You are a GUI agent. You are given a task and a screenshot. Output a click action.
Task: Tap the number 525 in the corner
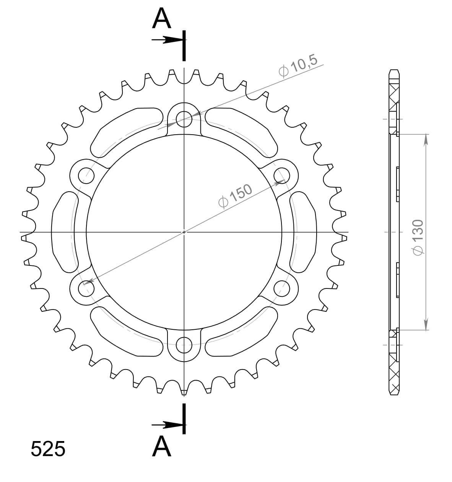click(48, 449)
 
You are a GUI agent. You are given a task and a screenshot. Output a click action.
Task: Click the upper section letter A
click(161, 19)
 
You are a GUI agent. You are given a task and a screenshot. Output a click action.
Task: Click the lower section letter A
click(161, 446)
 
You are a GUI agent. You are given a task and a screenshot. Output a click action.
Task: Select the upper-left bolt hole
click(86, 176)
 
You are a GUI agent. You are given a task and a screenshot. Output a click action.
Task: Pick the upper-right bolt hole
click(282, 176)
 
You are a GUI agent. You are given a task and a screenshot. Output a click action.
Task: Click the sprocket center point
click(184, 232)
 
